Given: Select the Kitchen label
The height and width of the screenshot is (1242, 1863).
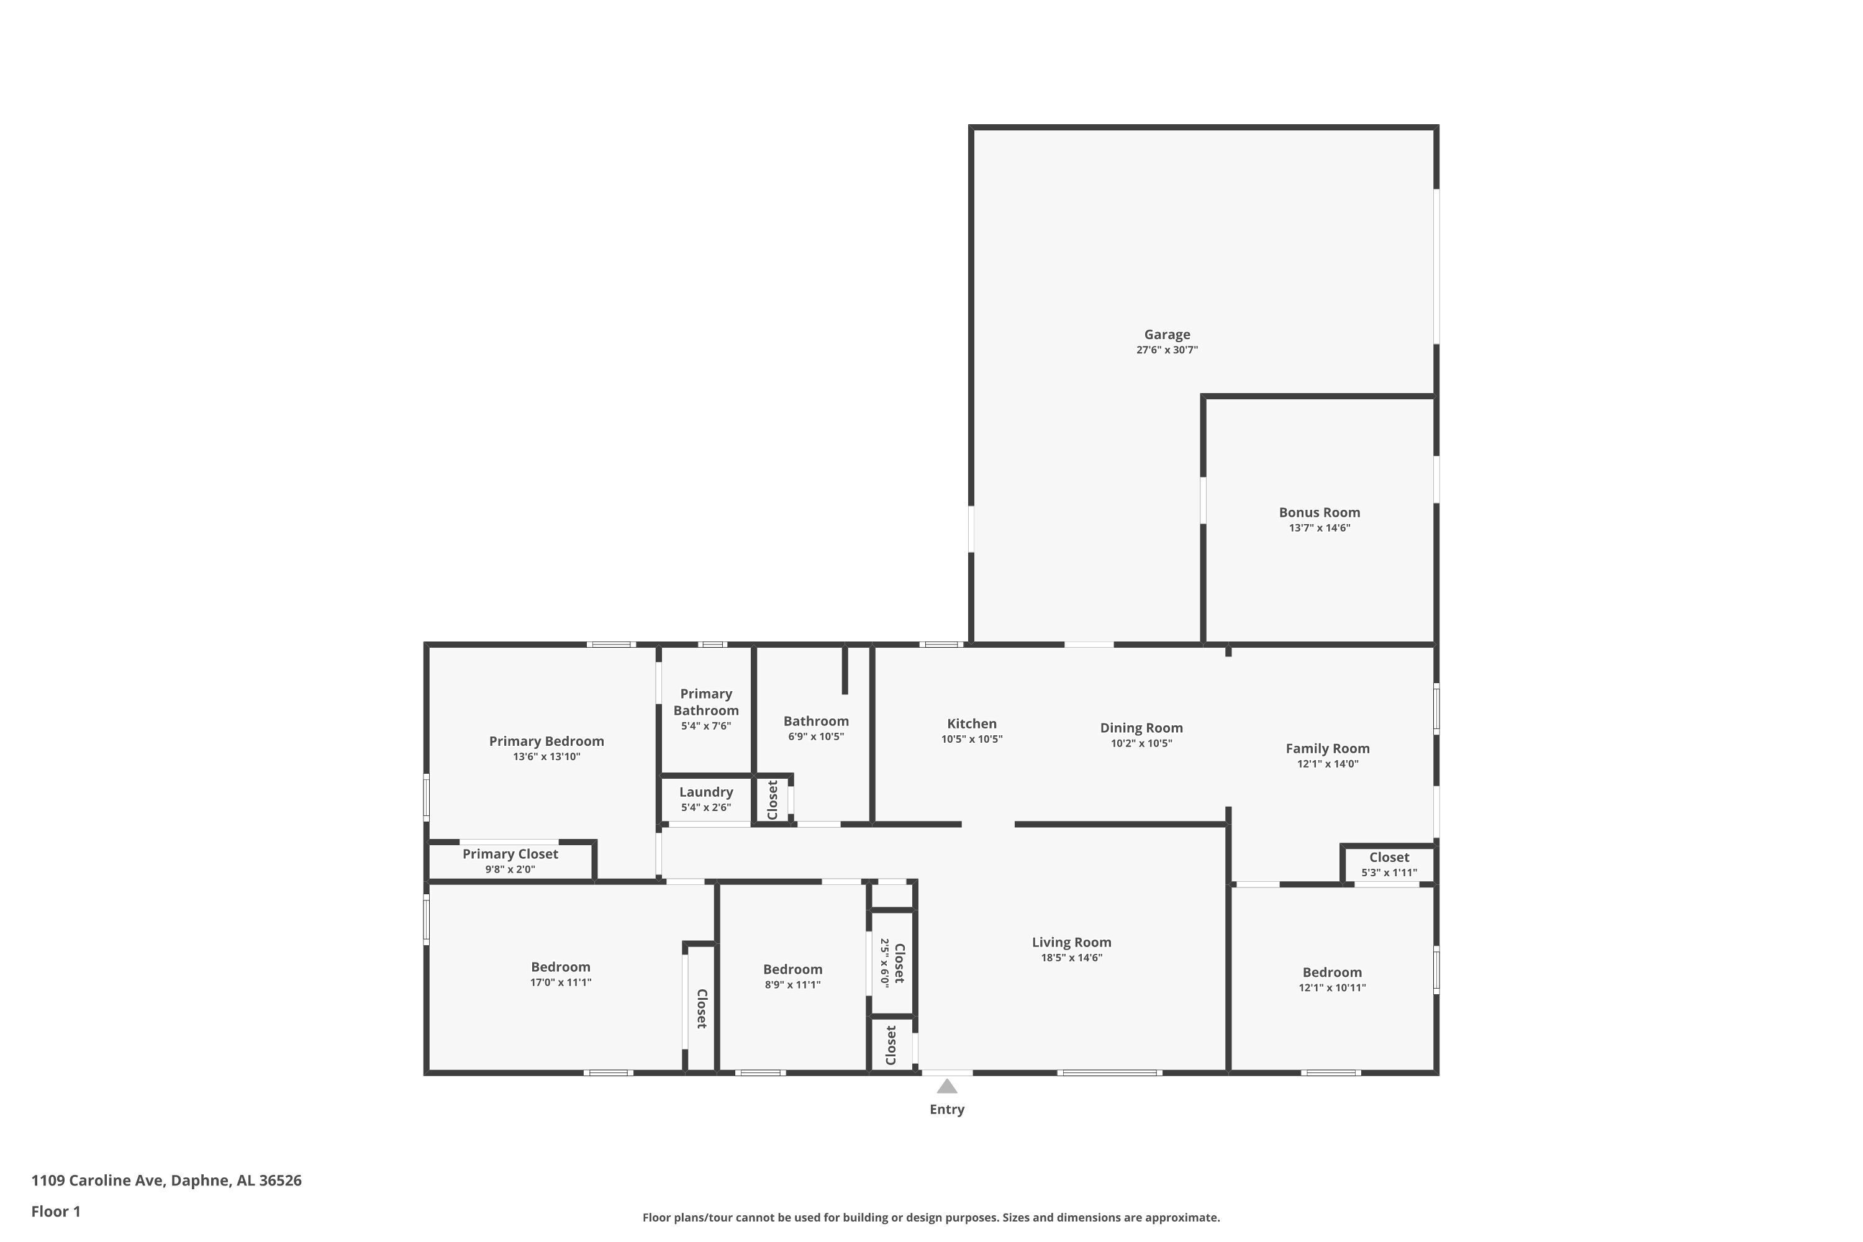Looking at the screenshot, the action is [972, 723].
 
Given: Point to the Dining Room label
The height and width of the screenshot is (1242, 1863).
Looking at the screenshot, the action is [1141, 728].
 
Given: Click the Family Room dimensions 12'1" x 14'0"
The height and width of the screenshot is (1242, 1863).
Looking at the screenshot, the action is [1328, 764].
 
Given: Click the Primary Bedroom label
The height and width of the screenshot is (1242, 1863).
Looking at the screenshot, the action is [546, 741].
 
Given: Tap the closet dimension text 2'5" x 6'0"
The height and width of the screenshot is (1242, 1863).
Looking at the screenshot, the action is [885, 963].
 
